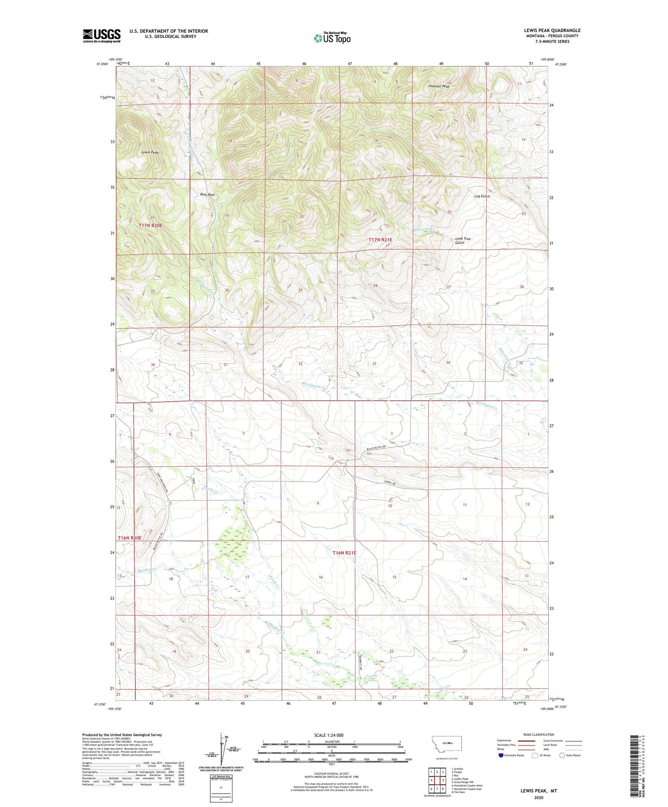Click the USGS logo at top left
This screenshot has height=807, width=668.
click(102, 36)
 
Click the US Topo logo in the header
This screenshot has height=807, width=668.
click(332, 38)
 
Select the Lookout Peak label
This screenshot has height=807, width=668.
click(438, 86)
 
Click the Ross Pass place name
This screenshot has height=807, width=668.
click(207, 195)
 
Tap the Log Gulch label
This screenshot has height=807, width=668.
click(482, 196)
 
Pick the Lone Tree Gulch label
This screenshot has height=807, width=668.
click(462, 241)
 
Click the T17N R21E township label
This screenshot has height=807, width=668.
click(380, 240)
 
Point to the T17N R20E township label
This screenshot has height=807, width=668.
click(150, 225)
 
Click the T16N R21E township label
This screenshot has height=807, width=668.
click(344, 553)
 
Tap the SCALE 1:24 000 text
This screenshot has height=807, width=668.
click(329, 735)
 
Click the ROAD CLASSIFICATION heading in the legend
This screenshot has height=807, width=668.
click(539, 734)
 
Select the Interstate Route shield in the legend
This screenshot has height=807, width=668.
click(501, 755)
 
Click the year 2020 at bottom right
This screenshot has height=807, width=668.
click(538, 797)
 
